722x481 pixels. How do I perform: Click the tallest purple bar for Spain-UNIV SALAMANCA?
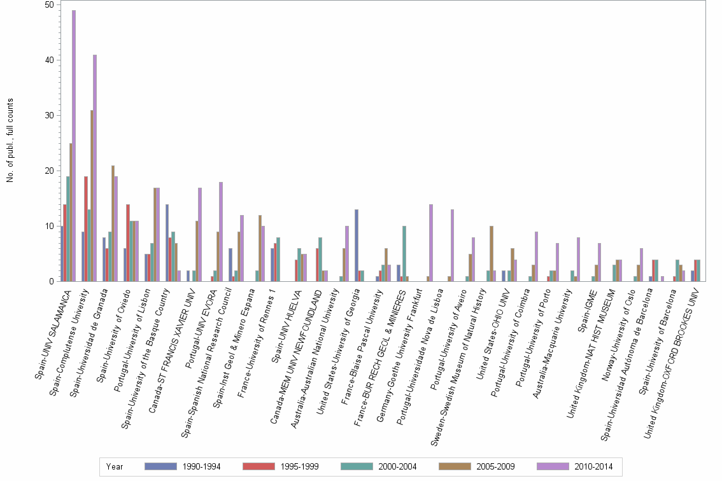[x=74, y=146]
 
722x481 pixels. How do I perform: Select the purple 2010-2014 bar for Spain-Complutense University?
[x=95, y=168]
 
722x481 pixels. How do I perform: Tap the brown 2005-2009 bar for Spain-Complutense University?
[x=92, y=195]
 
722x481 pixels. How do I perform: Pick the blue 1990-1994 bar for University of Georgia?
[x=357, y=246]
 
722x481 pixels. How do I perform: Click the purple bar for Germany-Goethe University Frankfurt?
[x=431, y=242]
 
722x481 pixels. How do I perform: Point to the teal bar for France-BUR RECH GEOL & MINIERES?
[x=404, y=254]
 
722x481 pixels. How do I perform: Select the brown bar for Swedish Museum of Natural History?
[x=492, y=254]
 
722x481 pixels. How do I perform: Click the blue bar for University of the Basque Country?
[x=167, y=242]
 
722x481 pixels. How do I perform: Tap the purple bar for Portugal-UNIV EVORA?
[x=221, y=232]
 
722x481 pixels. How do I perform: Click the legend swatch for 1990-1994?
[x=160, y=466]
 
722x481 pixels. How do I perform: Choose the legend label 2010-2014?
[x=593, y=467]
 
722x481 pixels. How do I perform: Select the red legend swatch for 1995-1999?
[x=258, y=466]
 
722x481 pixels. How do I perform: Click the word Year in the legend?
[x=114, y=467]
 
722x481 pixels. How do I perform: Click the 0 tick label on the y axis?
[x=52, y=281]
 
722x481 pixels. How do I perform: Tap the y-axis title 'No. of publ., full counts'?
[x=10, y=141]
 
